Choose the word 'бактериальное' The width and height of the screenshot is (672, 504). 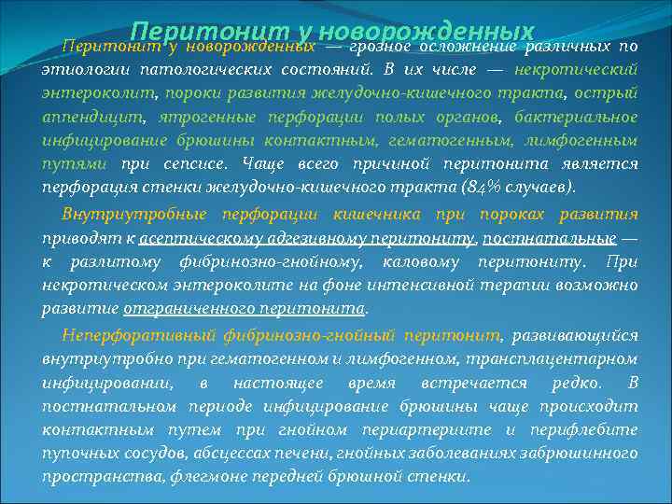pyautogui.click(x=575, y=117)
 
